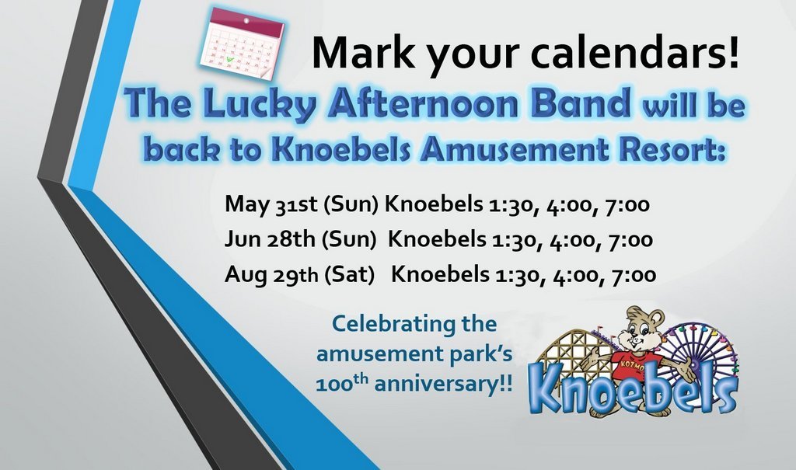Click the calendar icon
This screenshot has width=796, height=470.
coord(241,44)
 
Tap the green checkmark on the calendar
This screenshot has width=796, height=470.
coord(230,59)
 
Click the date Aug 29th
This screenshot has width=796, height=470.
coord(271,274)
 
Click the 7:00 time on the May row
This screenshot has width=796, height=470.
coord(627,205)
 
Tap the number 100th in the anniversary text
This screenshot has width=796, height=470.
coord(342,382)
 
